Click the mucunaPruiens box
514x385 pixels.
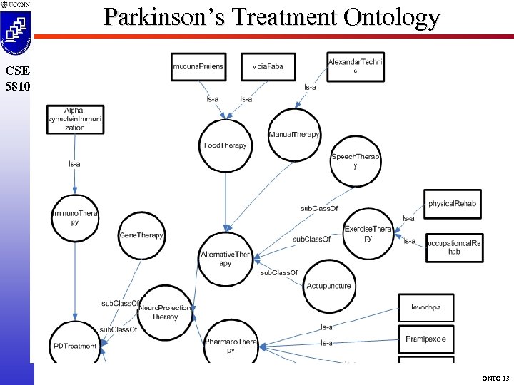(x=198, y=66)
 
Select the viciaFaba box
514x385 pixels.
(x=267, y=66)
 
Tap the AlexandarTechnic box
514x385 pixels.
(x=355, y=66)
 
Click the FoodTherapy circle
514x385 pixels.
(x=225, y=146)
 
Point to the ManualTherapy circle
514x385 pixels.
(x=294, y=135)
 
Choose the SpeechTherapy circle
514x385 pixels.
(x=355, y=160)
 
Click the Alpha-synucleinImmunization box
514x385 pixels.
(x=75, y=119)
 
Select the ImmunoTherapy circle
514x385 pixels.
(x=75, y=218)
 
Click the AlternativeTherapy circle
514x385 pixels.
(x=226, y=258)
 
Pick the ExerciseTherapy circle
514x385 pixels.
(x=368, y=233)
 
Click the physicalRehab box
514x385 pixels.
(x=452, y=204)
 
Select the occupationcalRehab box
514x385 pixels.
(x=454, y=247)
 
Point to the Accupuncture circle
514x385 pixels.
(x=328, y=286)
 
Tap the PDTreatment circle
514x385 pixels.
(x=75, y=346)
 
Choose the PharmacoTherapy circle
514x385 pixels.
(x=231, y=345)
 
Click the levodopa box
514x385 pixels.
(x=425, y=307)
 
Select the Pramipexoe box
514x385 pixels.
(x=425, y=339)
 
